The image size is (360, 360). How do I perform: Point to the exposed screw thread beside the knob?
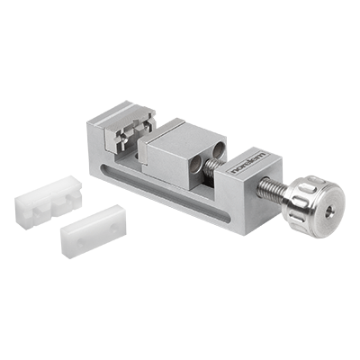pos(272,189)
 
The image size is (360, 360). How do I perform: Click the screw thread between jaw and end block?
pos(213,166)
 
